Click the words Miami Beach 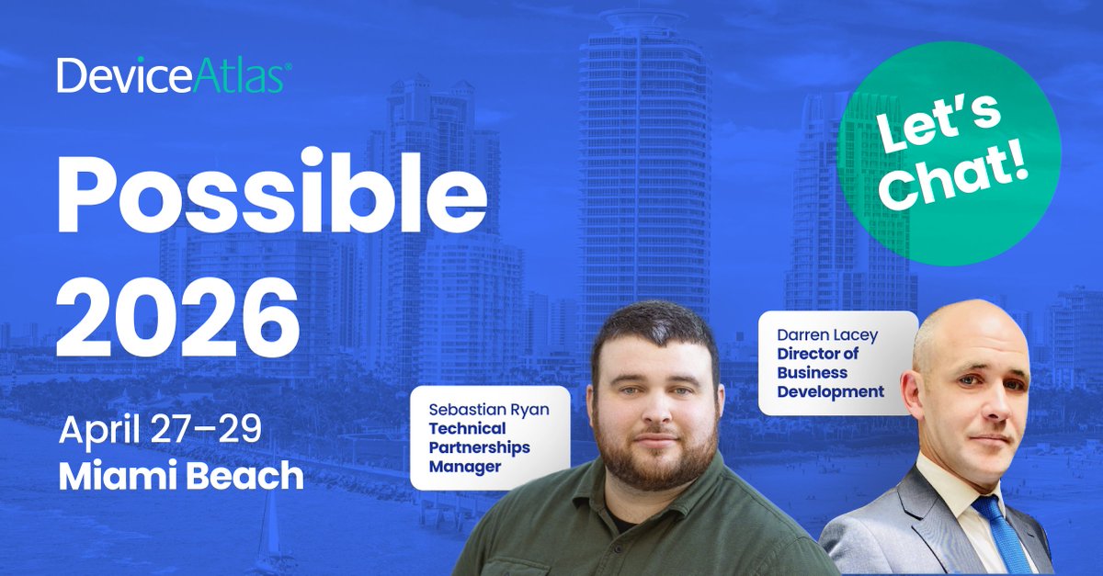point(181,475)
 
